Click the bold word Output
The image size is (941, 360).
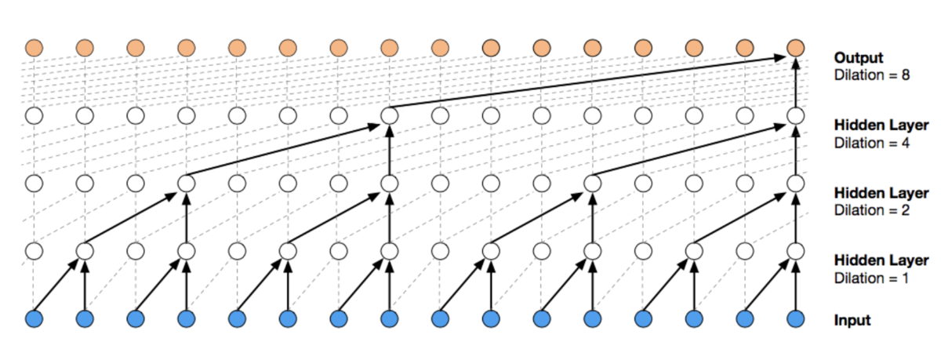tap(858, 58)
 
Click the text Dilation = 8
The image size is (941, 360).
tap(872, 75)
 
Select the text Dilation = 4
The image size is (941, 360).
tap(872, 144)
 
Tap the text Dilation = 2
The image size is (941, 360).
tap(872, 210)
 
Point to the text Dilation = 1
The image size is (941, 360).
tap(871, 278)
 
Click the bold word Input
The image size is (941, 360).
tap(852, 321)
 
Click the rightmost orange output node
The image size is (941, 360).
tap(795, 48)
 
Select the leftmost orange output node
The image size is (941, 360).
tap(34, 48)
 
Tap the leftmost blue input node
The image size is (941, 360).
tap(34, 319)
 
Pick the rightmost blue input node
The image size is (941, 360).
tap(795, 319)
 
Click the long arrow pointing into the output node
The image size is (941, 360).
tap(588, 82)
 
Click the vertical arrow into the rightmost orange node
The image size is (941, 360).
tap(795, 82)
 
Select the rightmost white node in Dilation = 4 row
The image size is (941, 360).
tap(795, 115)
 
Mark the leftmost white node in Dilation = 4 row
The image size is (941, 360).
tap(34, 115)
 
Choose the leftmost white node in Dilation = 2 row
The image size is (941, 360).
tap(34, 184)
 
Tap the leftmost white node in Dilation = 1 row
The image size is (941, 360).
tap(34, 251)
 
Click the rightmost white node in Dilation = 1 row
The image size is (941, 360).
tap(795, 251)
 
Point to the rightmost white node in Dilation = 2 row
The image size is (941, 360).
tap(795, 184)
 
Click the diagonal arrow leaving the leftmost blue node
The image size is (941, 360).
tap(56, 285)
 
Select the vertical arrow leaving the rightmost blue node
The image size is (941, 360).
tap(795, 285)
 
